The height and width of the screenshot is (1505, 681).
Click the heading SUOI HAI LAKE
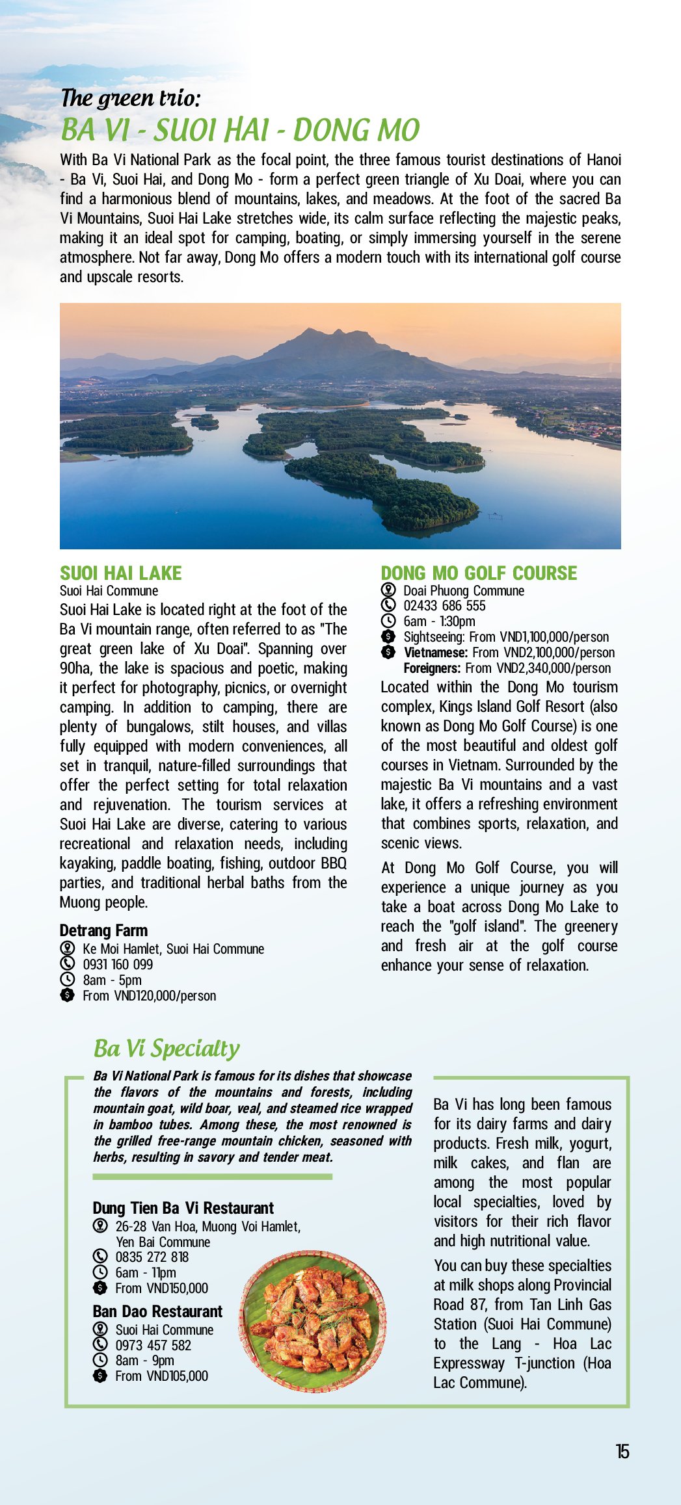(x=121, y=573)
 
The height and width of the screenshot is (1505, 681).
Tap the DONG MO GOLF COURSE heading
(x=479, y=573)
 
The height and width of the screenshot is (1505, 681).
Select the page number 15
(x=622, y=1452)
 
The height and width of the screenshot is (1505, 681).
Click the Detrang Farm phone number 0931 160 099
(x=118, y=964)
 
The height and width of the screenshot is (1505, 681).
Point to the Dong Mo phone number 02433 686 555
(x=444, y=606)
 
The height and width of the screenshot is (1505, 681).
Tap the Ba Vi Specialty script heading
(x=167, y=1049)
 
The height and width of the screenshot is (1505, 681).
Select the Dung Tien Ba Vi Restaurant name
(x=183, y=1208)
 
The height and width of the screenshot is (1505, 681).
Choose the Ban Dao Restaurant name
(x=157, y=1311)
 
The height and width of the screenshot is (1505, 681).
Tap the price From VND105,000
(x=161, y=1376)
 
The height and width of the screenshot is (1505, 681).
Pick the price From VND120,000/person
(x=149, y=995)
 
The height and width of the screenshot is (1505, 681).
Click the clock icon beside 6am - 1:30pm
(x=388, y=622)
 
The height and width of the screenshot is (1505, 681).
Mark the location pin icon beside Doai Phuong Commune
(x=388, y=590)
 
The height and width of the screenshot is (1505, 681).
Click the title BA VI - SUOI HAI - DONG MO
(x=240, y=130)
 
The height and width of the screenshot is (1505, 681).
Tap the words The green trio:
(x=130, y=98)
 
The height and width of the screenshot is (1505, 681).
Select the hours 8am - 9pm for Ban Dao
(x=144, y=1360)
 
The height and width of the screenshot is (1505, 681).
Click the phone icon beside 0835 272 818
(x=100, y=1257)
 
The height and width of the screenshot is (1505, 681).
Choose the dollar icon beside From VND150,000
(x=100, y=1288)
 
